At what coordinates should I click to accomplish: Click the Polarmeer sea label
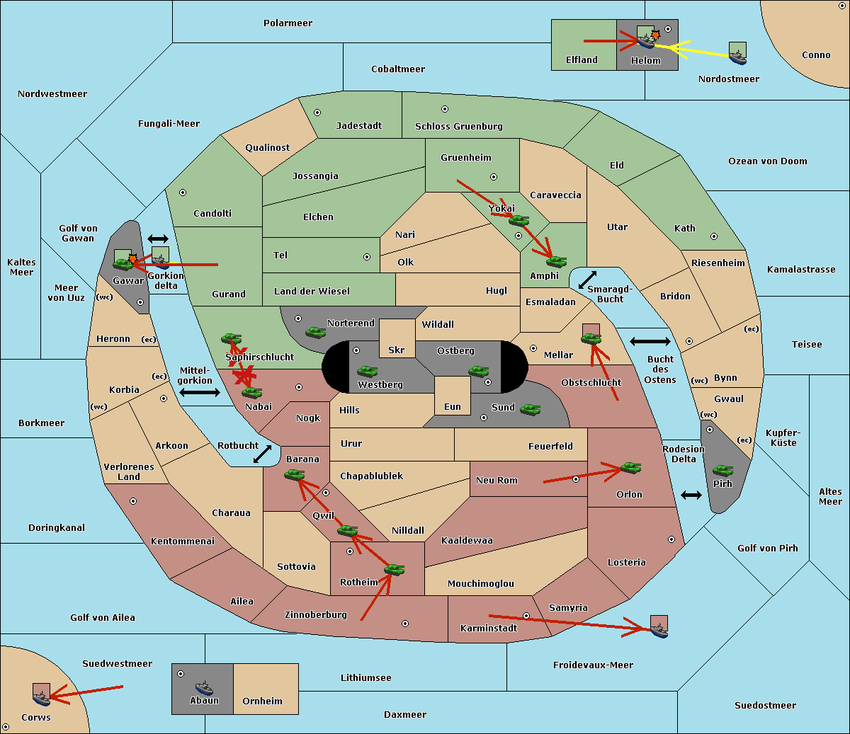coord(288,23)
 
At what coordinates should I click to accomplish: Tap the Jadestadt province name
coord(359,126)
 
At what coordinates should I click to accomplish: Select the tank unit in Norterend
coord(315,332)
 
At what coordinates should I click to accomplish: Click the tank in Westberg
coord(367,371)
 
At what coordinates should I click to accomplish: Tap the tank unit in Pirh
coord(722,470)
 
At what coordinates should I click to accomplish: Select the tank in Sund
coord(530,409)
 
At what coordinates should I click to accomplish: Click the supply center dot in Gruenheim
coord(494,177)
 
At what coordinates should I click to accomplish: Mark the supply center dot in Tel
coord(367,257)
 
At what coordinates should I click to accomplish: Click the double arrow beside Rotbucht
coord(262,454)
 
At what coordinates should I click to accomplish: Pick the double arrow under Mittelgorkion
coord(200,393)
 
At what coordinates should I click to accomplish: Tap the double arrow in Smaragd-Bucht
coord(587,280)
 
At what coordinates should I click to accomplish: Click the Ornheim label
coord(262,701)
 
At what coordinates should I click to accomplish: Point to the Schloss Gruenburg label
coord(459,126)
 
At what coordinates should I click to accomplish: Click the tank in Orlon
coord(630,468)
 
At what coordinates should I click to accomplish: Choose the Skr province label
coord(397,350)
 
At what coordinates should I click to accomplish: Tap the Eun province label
coord(453,406)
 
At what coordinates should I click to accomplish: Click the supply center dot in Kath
coord(714,236)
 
